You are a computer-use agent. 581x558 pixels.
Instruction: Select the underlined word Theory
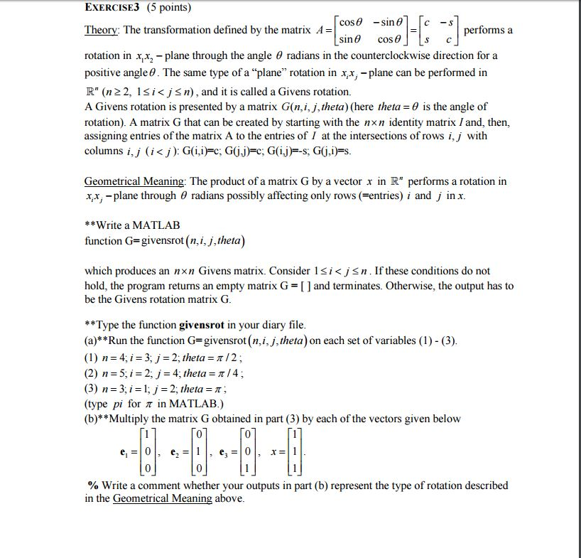point(102,31)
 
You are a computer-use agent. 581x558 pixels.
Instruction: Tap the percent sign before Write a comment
point(92,485)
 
